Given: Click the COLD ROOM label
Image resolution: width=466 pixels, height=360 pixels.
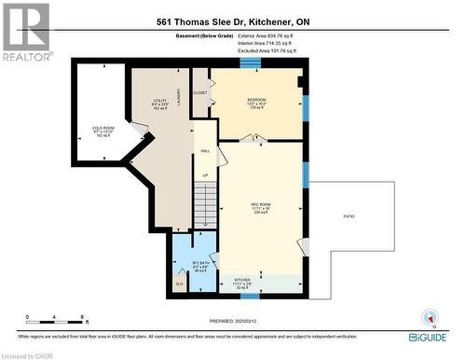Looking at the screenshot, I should (x=103, y=128).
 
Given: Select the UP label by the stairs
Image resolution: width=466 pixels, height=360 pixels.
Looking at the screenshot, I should (x=204, y=174).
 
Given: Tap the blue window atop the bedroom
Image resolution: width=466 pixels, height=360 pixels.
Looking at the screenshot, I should (x=251, y=63).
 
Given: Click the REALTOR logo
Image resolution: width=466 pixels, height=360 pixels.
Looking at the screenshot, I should (x=25, y=30).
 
